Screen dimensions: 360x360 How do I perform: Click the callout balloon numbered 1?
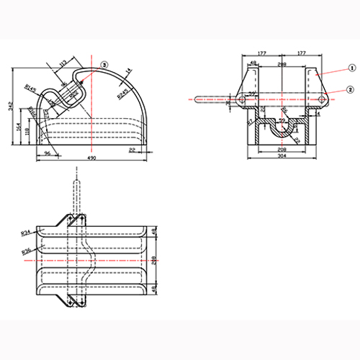tap(351, 67)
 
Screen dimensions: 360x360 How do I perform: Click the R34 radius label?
tap(25, 233)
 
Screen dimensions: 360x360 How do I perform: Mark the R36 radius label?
tap(25, 251)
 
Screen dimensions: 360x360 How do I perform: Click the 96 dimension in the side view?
tap(48, 153)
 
